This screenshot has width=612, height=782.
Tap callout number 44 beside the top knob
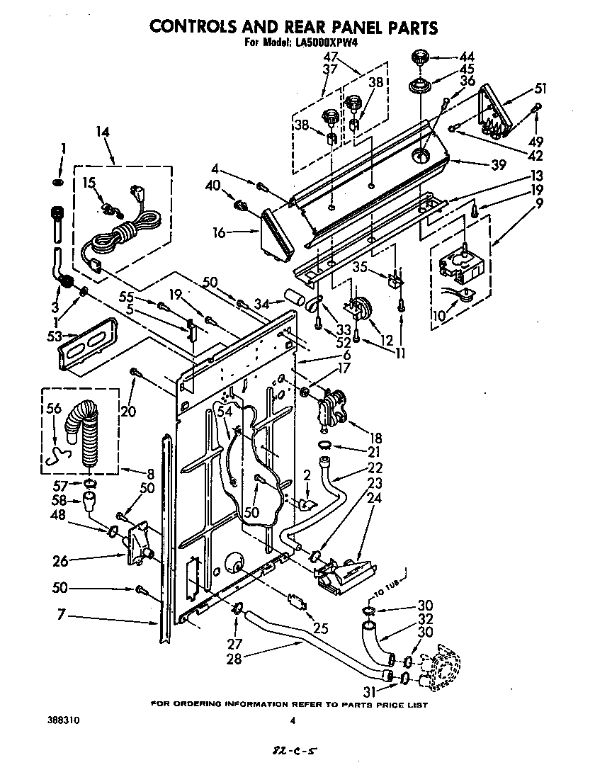click(x=467, y=57)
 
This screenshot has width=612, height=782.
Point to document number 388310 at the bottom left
click(x=64, y=720)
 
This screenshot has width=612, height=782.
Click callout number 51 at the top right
click(x=540, y=89)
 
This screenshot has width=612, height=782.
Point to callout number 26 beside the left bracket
click(x=61, y=561)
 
